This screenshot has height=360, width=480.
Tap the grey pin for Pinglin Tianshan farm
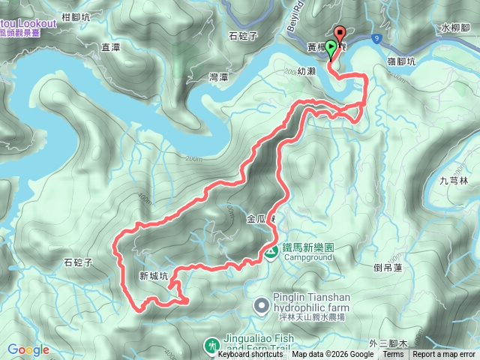tap(261, 305)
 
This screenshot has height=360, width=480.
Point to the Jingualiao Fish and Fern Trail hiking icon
tap(212, 344)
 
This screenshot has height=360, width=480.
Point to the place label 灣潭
tap(220, 76)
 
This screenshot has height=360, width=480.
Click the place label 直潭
tap(110, 46)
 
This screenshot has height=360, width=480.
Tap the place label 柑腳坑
tap(78, 16)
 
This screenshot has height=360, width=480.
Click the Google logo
tap(28, 349)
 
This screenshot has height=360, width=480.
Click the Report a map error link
tap(443, 355)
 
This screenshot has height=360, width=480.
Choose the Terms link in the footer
tap(392, 355)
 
